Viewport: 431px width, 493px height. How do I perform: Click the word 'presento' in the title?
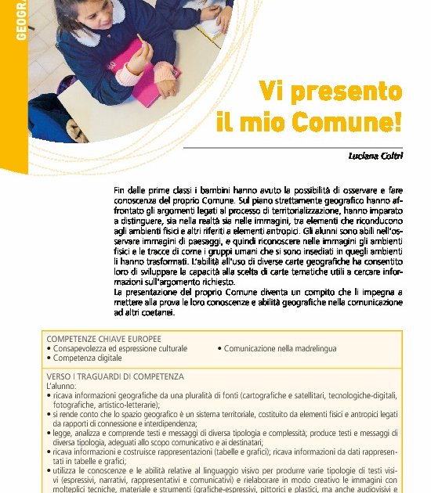click(x=345, y=92)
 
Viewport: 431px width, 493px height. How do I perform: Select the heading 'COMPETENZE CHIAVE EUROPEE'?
click(x=103, y=338)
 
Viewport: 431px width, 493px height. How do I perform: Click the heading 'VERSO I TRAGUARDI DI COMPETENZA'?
click(x=115, y=376)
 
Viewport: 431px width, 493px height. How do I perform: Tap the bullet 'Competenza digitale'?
click(x=87, y=358)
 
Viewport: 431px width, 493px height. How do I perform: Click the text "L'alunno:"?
click(x=63, y=387)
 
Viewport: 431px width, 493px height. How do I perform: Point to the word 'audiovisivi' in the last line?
click(x=371, y=490)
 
